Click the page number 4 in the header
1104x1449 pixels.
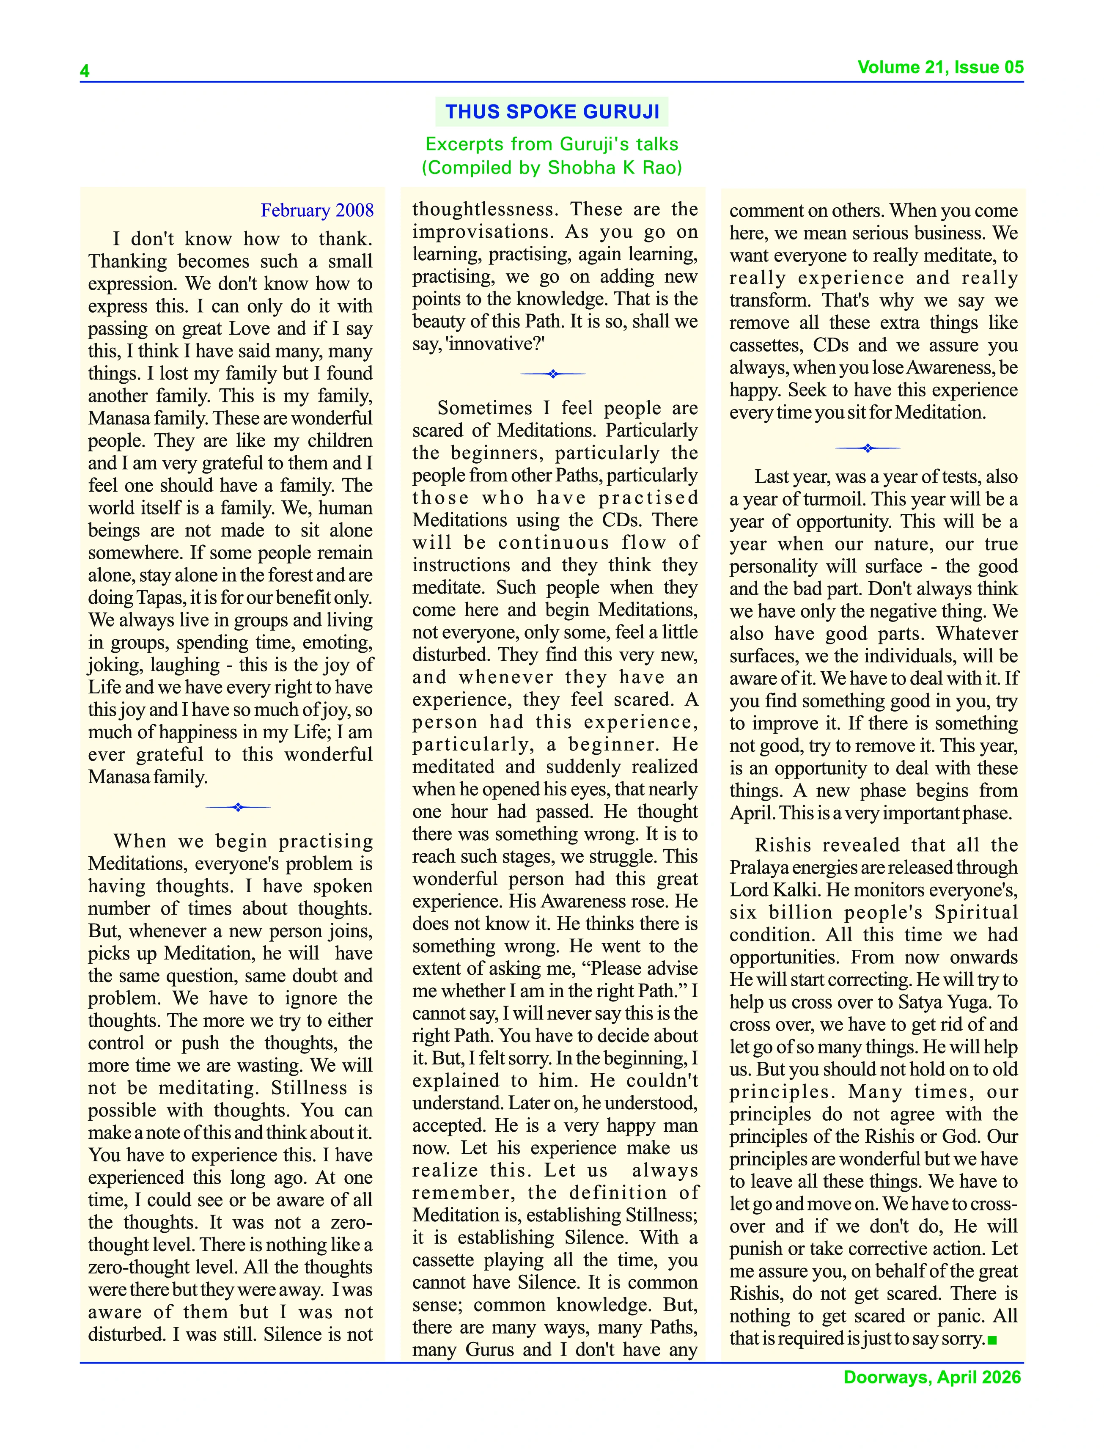click(85, 71)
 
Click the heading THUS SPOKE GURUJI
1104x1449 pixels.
click(552, 112)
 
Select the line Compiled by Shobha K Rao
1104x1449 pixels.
click(552, 168)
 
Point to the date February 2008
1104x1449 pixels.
click(317, 210)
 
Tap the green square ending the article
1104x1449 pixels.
click(992, 1340)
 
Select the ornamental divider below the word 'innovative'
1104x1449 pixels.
click(553, 374)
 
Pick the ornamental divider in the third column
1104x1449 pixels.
click(868, 448)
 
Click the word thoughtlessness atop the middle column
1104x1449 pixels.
click(485, 209)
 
